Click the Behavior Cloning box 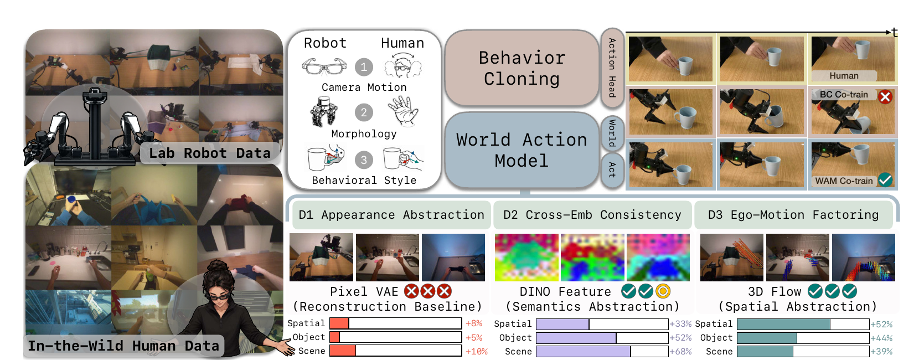coord(522,68)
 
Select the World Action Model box coord(522,150)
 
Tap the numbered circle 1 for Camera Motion coord(364,67)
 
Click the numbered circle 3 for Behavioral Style coord(364,160)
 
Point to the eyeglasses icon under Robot coord(324,66)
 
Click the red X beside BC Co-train coord(885,97)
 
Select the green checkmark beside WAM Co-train coord(885,180)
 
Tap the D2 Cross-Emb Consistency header coord(592,215)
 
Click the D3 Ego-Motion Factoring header coord(793,215)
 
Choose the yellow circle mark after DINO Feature coord(663,291)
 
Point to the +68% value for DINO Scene coord(680,352)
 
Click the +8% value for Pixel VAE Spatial coord(474,323)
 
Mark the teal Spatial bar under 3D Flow coord(783,324)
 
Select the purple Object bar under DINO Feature coord(576,338)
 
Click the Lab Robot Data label coord(210,153)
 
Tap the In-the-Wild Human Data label coord(123,346)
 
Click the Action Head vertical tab coord(612,68)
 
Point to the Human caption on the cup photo coord(844,75)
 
